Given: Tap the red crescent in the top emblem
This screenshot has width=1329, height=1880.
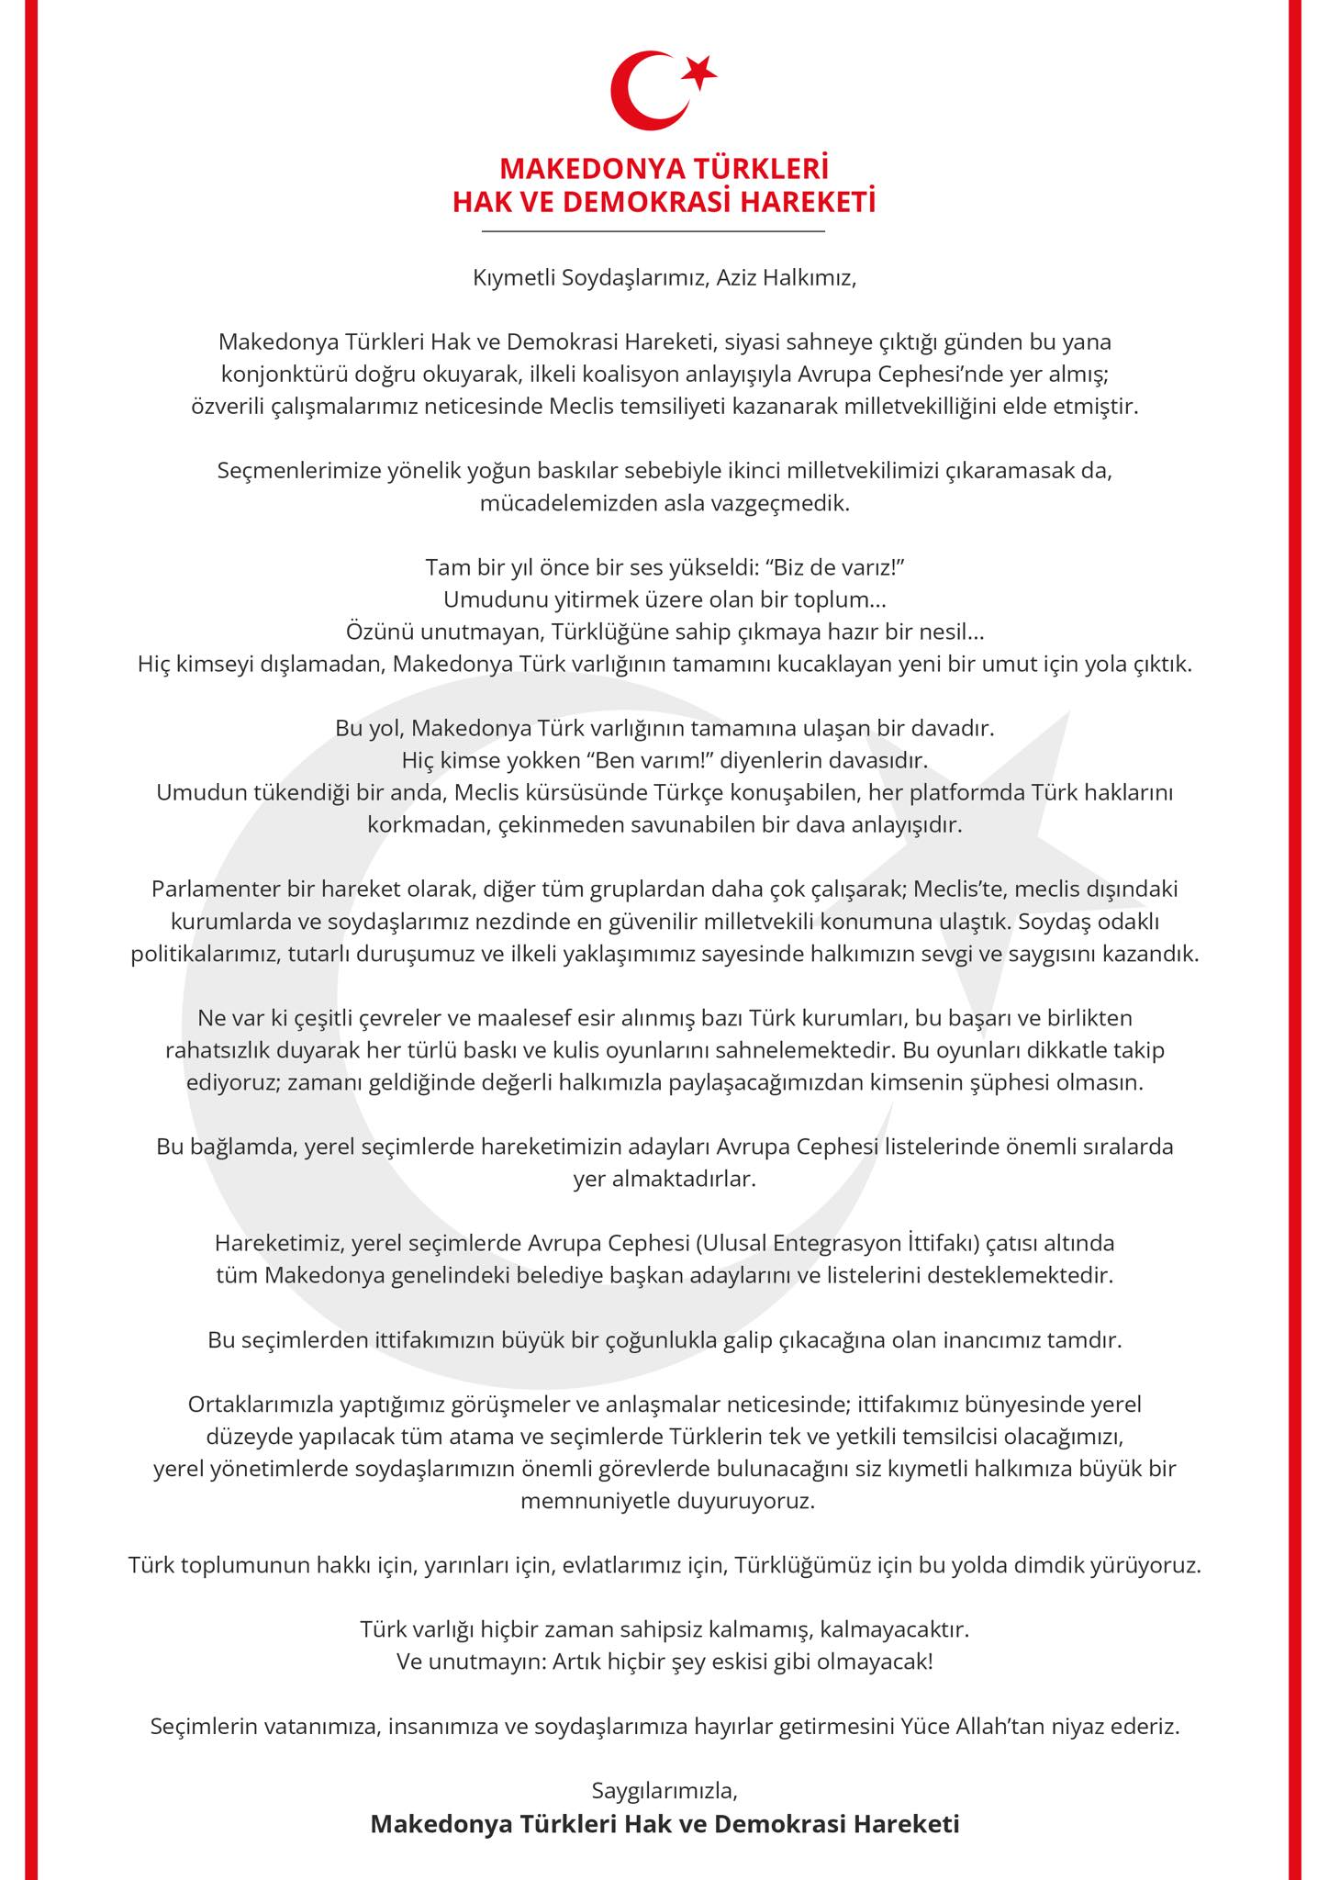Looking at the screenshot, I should click(x=642, y=91).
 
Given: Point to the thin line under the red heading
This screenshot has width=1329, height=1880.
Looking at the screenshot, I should click(x=653, y=231).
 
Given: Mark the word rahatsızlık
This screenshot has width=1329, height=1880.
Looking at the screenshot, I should click(x=225, y=1049).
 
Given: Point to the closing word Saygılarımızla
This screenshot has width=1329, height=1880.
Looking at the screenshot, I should click(x=664, y=1790).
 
